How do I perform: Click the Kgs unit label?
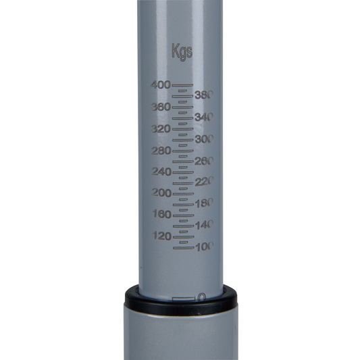click(x=182, y=51)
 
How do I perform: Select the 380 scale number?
click(x=203, y=95)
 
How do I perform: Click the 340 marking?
click(x=203, y=117)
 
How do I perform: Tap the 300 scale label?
click(x=203, y=138)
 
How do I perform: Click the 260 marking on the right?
click(x=203, y=161)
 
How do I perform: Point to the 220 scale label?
click(x=203, y=182)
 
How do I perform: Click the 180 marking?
click(x=203, y=203)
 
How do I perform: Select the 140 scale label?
click(x=203, y=224)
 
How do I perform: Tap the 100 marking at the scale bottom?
click(x=203, y=247)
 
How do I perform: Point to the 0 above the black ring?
click(x=201, y=297)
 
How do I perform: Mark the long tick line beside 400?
click(x=182, y=85)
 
